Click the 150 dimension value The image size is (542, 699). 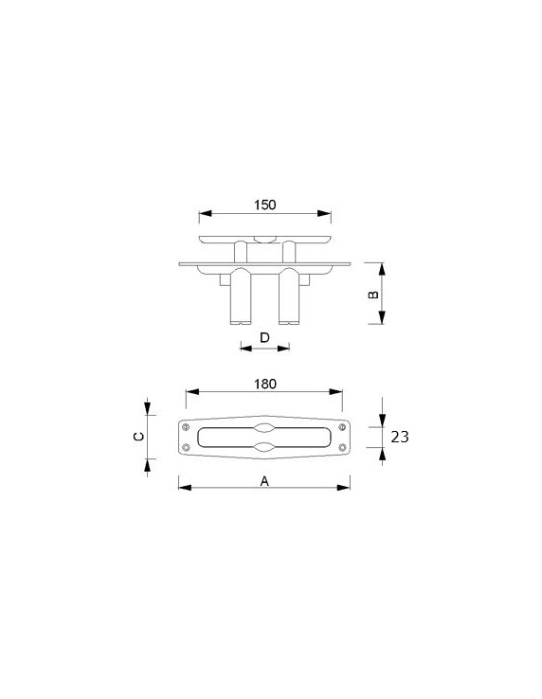click(265, 206)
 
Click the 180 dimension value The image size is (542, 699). click(265, 384)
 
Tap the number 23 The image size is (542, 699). click(400, 437)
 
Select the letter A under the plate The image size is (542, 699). click(264, 481)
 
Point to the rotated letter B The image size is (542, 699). click(374, 295)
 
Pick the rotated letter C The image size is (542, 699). click(138, 437)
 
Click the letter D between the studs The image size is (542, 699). click(264, 337)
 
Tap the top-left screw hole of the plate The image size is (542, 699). click(186, 427)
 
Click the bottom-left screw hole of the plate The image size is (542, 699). click(186, 447)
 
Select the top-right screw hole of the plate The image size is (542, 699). click(342, 427)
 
